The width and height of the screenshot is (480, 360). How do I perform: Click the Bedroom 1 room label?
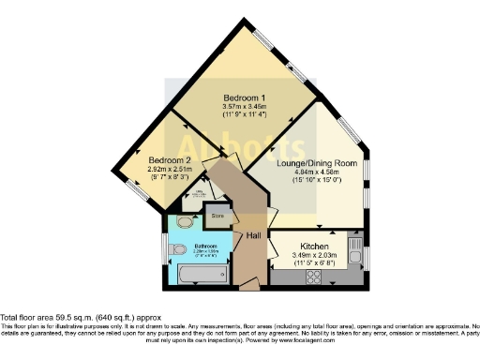point(243,98)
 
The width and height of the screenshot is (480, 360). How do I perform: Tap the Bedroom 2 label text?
point(172,160)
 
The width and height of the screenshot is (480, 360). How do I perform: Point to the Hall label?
point(252,235)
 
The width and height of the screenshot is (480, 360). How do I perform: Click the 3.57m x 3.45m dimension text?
point(243,108)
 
